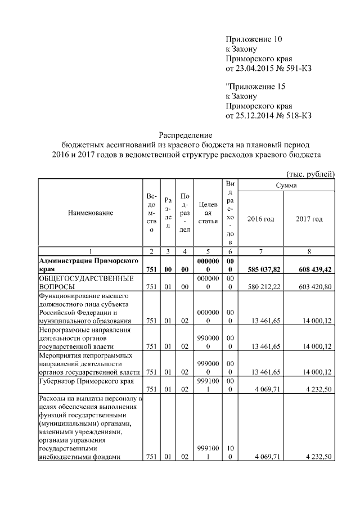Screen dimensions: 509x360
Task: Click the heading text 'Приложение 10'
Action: [253, 39]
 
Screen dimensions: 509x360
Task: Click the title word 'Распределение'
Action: [185, 135]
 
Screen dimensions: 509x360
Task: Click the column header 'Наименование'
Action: [90, 213]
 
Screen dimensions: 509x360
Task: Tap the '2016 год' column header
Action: [261, 219]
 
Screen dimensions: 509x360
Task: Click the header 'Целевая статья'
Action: [208, 213]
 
